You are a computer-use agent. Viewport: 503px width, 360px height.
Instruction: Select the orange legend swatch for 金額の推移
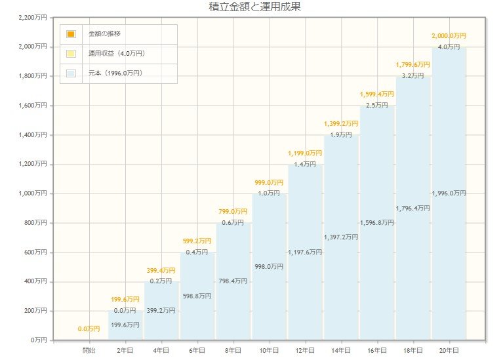click(x=71, y=33)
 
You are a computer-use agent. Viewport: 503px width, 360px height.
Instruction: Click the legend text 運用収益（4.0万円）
click(x=116, y=53)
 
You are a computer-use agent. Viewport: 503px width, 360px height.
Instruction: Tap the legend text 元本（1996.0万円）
click(x=115, y=73)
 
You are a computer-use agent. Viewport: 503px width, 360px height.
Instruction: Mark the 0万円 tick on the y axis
click(x=37, y=340)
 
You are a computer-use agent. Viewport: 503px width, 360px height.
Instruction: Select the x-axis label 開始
click(x=89, y=351)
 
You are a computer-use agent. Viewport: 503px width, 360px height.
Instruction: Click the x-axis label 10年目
click(x=270, y=351)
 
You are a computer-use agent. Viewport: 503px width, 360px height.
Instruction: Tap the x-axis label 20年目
click(x=449, y=351)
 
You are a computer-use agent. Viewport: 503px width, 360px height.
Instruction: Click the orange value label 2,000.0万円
click(x=449, y=35)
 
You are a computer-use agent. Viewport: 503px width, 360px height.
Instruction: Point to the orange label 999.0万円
click(x=269, y=182)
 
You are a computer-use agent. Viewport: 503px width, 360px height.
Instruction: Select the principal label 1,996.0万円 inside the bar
click(x=449, y=193)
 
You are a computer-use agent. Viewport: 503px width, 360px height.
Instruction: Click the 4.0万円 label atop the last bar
click(x=449, y=47)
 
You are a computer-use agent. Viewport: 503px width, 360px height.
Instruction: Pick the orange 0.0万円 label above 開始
click(x=89, y=329)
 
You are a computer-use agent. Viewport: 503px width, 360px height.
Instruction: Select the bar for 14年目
click(x=341, y=289)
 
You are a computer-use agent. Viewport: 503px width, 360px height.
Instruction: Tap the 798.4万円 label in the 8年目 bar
click(x=233, y=281)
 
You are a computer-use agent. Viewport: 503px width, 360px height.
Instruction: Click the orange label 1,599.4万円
click(x=377, y=94)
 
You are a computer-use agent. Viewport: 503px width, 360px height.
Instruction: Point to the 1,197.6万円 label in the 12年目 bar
click(x=305, y=252)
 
